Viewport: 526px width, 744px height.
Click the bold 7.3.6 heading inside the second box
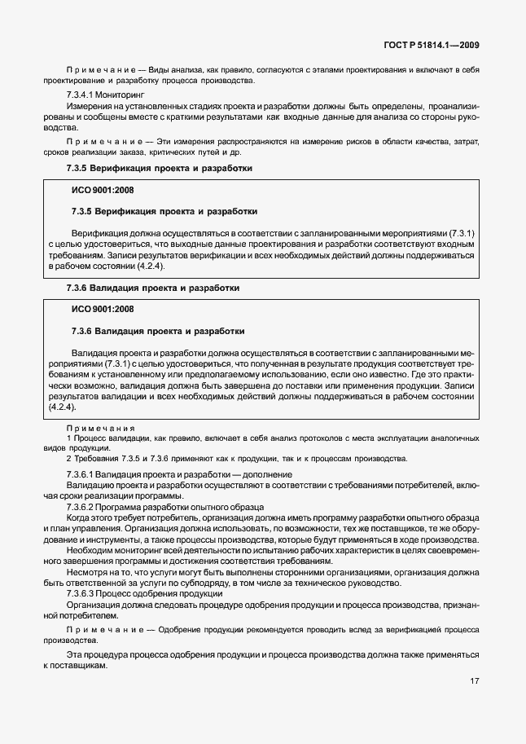click(158, 332)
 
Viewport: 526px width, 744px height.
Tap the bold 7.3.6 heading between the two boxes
click(152, 288)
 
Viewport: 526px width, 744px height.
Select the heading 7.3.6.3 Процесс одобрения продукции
click(144, 594)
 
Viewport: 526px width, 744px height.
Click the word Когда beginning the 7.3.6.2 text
click(79, 517)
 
